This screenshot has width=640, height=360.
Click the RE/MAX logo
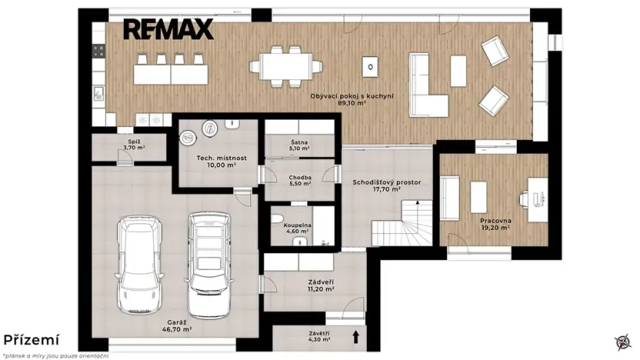pos(168,29)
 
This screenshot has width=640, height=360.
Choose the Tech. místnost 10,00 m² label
pos(216,161)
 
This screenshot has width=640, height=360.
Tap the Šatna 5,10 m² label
pos(299,145)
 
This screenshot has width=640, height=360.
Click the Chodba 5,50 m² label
pos(299,182)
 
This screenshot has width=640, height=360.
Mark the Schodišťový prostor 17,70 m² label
pos(387,185)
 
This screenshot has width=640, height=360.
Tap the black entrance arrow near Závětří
pos(356,336)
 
